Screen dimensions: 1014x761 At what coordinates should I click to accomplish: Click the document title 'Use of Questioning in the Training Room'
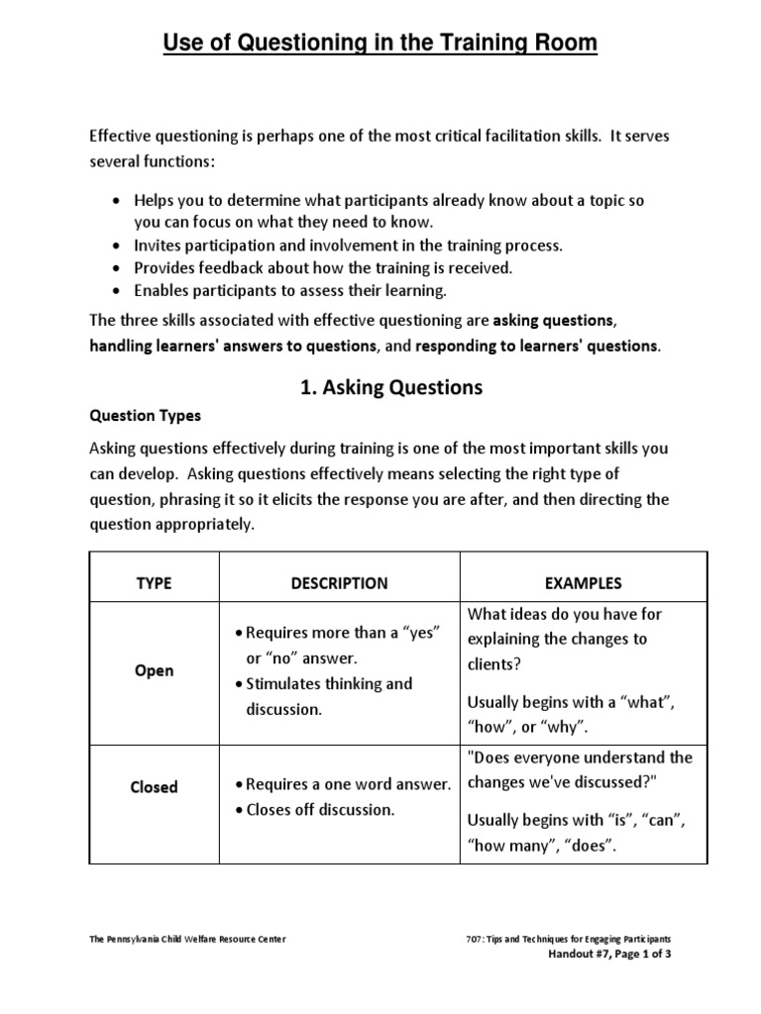tap(380, 44)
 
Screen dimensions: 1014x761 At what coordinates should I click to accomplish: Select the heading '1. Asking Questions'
tap(391, 387)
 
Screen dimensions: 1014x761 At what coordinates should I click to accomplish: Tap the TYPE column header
tap(154, 583)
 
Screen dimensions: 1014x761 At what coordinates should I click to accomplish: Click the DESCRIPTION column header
tap(339, 583)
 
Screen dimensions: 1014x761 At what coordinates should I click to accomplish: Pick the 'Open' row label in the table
tap(154, 670)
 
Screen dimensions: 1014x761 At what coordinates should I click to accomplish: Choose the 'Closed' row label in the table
tap(154, 787)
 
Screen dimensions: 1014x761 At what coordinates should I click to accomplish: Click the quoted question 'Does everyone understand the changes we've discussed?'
tap(579, 770)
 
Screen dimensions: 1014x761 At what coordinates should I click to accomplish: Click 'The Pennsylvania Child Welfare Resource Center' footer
tap(187, 939)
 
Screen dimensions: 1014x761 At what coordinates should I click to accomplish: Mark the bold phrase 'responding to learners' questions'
tap(535, 346)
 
